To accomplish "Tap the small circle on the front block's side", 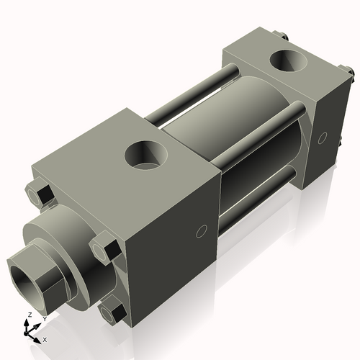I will click(202, 232).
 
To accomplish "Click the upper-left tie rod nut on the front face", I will click(41, 195).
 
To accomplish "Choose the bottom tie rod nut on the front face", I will click(112, 312).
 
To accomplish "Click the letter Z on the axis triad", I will click(28, 315).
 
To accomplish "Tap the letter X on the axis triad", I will click(45, 338).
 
